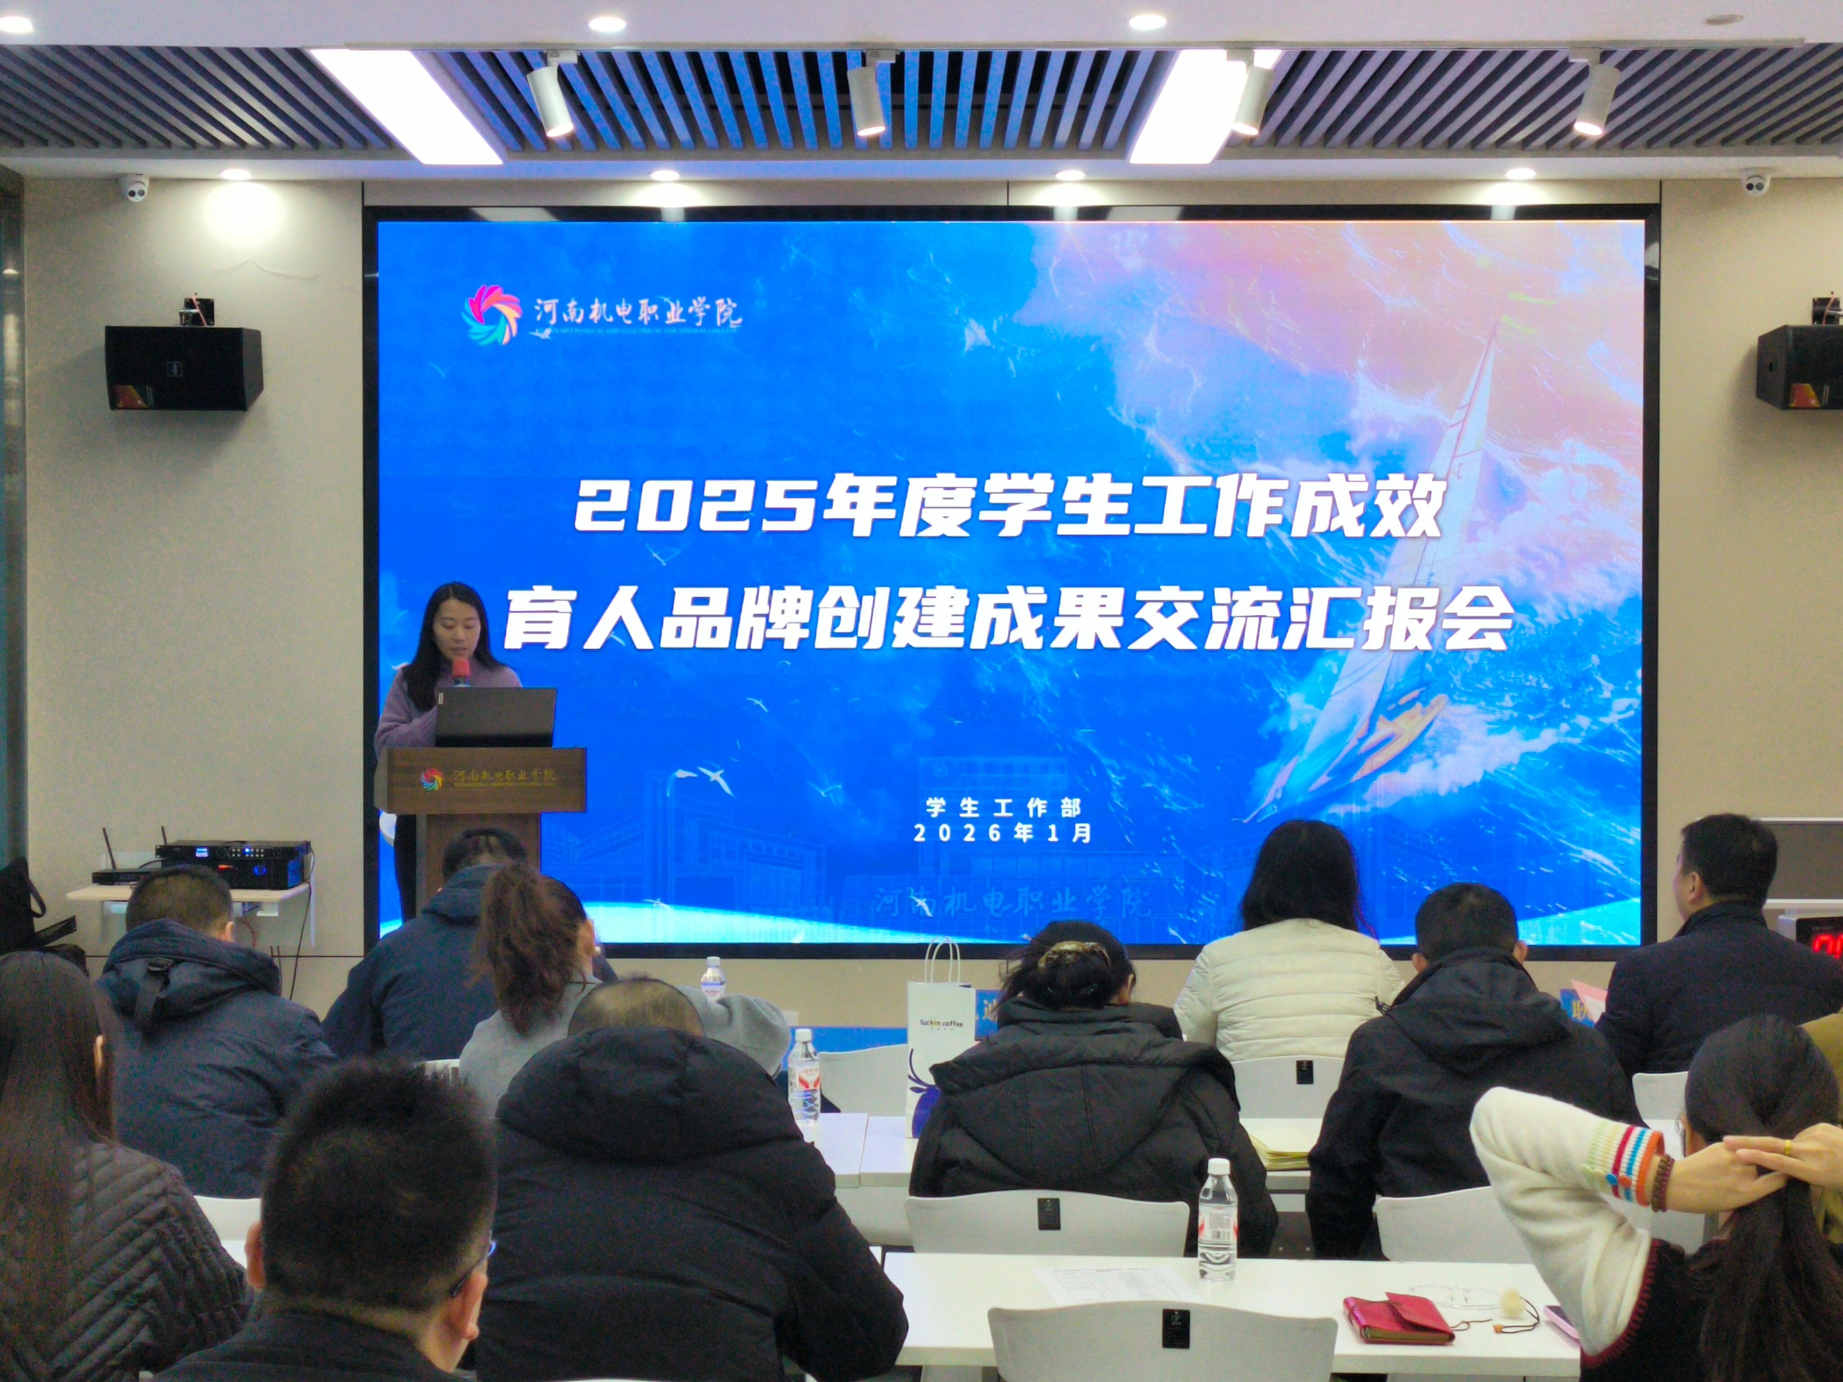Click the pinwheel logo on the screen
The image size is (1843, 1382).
pos(492,314)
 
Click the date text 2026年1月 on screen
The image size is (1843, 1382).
pos(1003,833)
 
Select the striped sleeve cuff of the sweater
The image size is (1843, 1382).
pos(1621,1166)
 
